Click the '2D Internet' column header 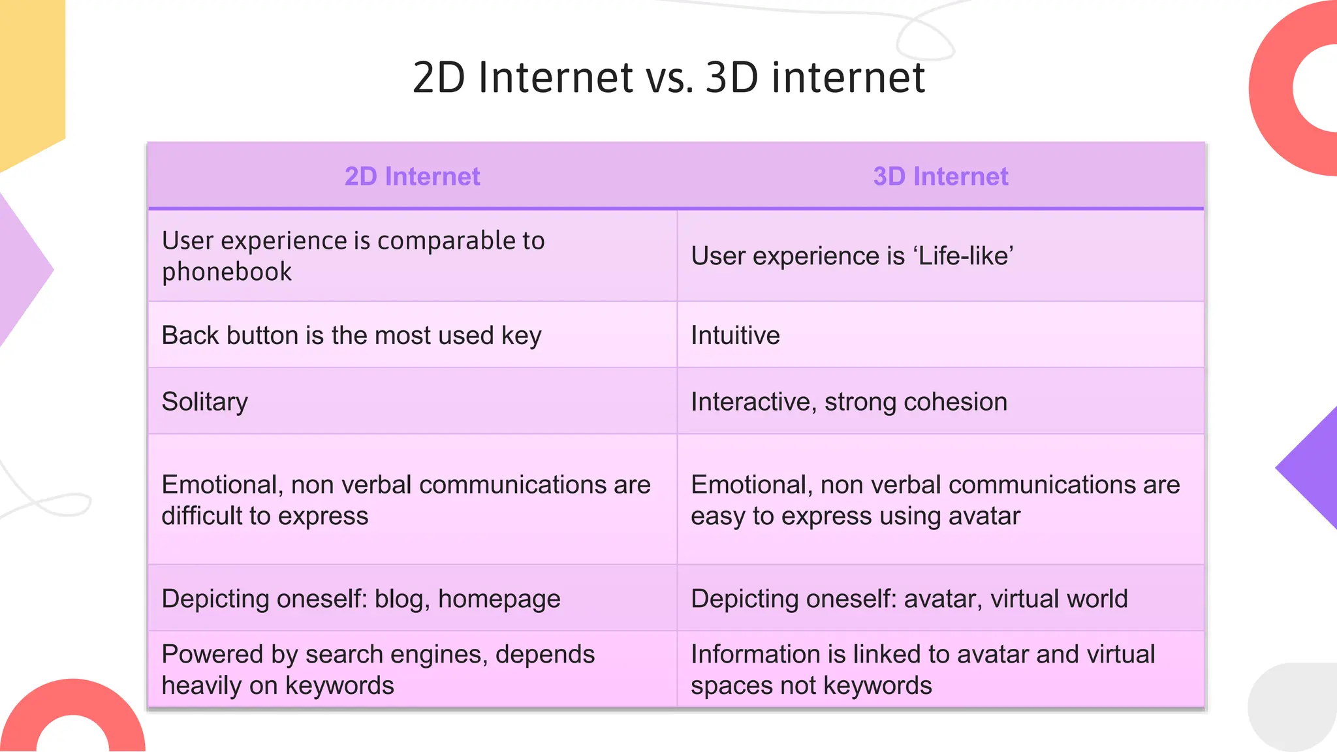[412, 176]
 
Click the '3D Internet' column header [940, 176]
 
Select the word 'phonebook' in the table [227, 272]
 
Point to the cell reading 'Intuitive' [735, 336]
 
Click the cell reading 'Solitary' [205, 401]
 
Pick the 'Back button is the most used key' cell [351, 336]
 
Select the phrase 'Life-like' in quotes [966, 256]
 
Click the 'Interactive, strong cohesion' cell [849, 401]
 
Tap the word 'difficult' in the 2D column [202, 516]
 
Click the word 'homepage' [499, 599]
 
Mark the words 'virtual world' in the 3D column [1059, 599]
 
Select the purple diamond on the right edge [1312, 467]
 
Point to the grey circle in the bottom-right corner [1296, 708]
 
